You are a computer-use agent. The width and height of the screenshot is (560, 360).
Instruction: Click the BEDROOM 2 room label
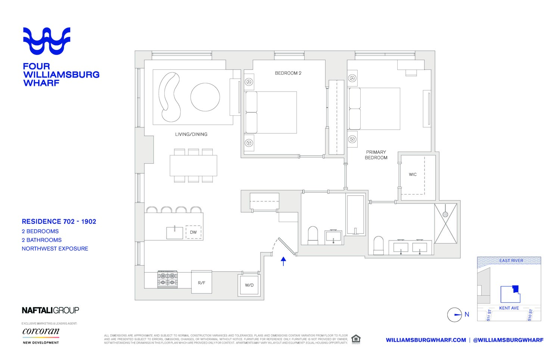click(x=288, y=73)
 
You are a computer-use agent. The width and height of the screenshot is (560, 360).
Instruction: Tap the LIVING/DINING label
click(x=191, y=134)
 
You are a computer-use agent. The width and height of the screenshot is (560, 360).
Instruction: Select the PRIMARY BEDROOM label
click(x=376, y=155)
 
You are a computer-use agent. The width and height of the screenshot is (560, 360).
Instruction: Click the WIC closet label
click(x=413, y=174)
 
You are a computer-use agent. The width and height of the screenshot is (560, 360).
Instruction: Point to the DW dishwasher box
click(x=193, y=232)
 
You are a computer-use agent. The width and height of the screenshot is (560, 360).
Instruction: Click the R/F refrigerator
click(x=202, y=283)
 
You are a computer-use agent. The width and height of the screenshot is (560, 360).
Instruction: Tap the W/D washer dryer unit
click(x=249, y=285)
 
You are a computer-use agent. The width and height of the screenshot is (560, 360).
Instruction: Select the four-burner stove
click(x=168, y=279)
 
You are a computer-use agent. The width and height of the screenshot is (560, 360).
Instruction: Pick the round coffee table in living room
click(x=205, y=97)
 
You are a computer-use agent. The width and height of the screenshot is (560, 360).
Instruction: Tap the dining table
click(x=193, y=165)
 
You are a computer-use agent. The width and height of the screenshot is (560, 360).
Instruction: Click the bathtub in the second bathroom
click(x=355, y=215)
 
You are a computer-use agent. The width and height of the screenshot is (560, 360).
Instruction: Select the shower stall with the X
click(x=446, y=223)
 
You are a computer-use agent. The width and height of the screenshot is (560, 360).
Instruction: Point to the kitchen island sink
click(x=174, y=232)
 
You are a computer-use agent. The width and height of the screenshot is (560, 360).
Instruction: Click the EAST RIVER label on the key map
click(x=511, y=261)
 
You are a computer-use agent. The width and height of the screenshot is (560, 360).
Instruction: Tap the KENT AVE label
click(x=509, y=308)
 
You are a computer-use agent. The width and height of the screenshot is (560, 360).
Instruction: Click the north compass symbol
click(x=455, y=315)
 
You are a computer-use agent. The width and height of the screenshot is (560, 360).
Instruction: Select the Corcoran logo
click(x=41, y=332)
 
